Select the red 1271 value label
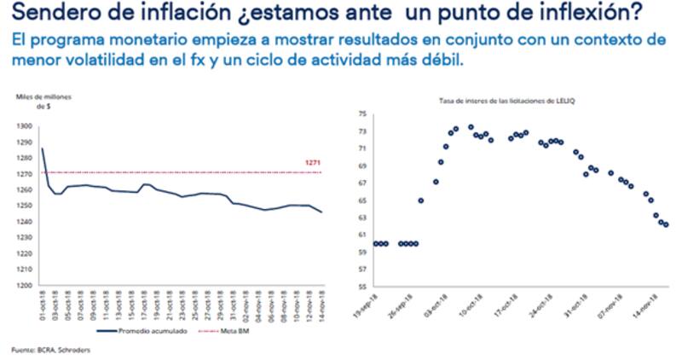(312, 163)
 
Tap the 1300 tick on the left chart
(25, 125)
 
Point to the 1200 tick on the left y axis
(25, 285)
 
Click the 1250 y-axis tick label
(25, 206)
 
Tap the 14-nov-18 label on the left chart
(322, 305)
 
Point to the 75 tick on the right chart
(361, 113)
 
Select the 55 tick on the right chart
(361, 286)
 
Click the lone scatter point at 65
(421, 200)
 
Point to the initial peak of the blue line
(43, 149)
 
